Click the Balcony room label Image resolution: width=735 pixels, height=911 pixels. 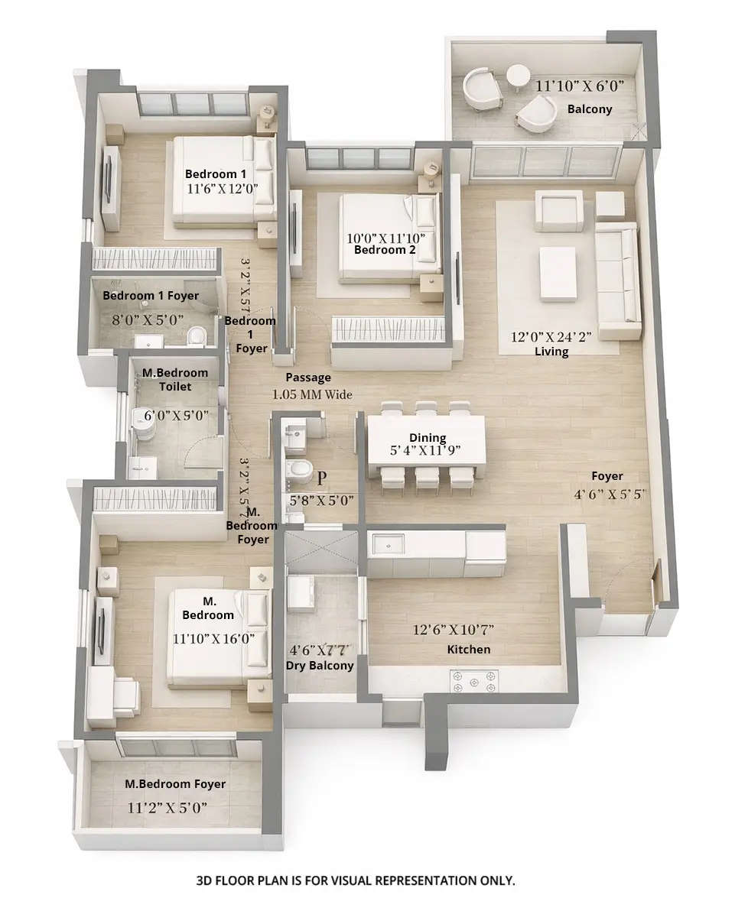click(590, 109)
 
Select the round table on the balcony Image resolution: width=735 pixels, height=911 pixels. click(518, 74)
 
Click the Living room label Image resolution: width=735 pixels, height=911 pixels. click(551, 352)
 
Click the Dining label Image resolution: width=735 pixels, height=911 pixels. click(428, 438)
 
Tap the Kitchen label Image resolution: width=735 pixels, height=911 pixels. click(469, 649)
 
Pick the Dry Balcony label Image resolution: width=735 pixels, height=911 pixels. click(320, 666)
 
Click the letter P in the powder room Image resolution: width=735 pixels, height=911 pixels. click(322, 478)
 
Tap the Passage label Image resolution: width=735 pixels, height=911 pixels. click(308, 378)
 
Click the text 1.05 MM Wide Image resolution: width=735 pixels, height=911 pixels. click(312, 395)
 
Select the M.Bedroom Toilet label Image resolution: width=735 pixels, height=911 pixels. click(175, 380)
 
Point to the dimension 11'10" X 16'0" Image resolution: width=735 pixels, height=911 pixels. click(213, 637)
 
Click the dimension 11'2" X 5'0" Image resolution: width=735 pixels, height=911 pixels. click(167, 806)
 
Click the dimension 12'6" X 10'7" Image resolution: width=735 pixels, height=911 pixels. click(453, 630)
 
